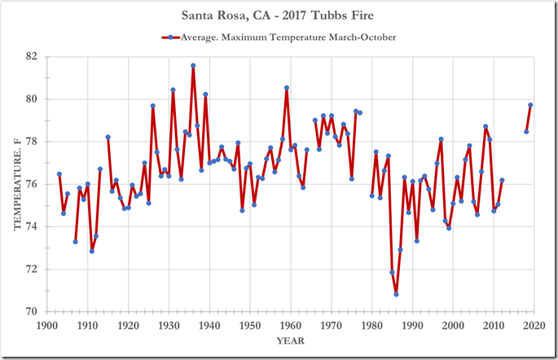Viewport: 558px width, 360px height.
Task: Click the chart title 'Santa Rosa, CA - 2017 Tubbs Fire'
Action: click(279, 15)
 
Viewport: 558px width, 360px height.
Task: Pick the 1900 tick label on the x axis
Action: click(46, 326)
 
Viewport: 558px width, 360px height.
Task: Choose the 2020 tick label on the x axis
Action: click(534, 326)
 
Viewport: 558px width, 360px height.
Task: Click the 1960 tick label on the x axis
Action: click(291, 326)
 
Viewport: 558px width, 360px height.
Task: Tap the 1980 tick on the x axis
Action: click(372, 326)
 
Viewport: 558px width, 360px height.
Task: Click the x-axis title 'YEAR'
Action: click(290, 341)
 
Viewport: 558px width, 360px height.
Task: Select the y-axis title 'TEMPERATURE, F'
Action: click(15, 184)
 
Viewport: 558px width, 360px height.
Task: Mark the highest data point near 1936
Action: click(193, 65)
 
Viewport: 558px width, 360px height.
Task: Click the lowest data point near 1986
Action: click(396, 294)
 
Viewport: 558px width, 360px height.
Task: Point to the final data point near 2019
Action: click(530, 105)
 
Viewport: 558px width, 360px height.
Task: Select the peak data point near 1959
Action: click(287, 87)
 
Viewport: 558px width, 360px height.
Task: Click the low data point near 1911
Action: click(91, 251)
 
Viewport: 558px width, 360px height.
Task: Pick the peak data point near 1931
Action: click(173, 90)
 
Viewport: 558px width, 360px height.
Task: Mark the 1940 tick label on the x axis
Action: click(209, 326)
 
